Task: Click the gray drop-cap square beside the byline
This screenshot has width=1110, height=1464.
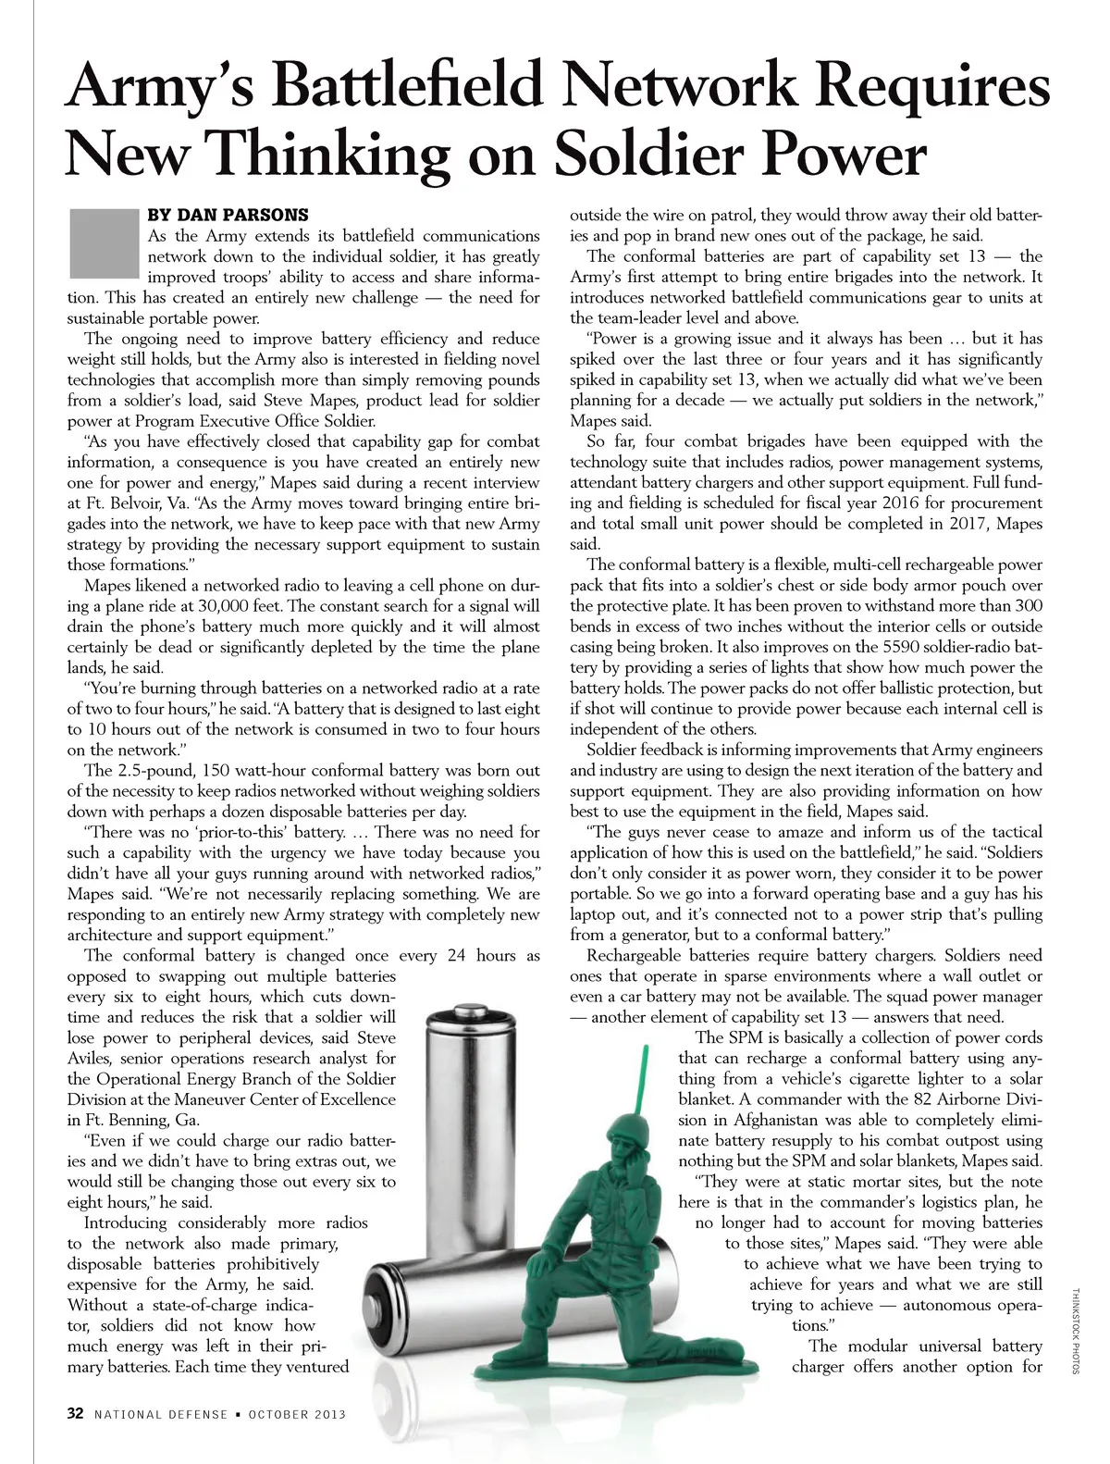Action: pyautogui.click(x=102, y=243)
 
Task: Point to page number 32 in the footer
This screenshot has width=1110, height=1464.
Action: pyautogui.click(x=76, y=1413)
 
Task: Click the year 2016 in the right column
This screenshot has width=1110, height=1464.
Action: pyautogui.click(x=860, y=502)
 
